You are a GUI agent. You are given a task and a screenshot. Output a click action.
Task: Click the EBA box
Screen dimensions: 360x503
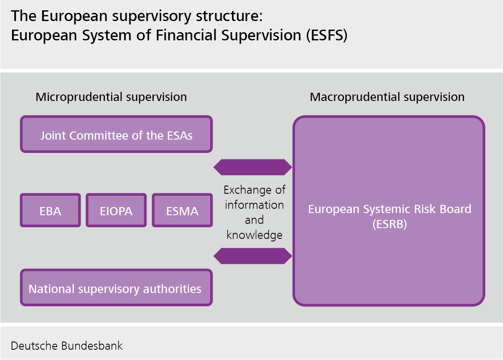point(50,210)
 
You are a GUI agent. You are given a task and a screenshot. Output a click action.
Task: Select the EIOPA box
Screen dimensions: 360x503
point(116,210)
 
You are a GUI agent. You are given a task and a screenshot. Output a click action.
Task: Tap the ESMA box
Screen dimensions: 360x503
point(182,210)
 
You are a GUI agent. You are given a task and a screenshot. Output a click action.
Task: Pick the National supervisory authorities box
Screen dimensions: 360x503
point(116,287)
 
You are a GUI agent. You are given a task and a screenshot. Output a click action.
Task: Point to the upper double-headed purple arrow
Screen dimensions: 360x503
point(253,167)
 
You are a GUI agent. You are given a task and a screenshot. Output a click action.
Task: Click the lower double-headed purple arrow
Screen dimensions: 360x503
point(253,256)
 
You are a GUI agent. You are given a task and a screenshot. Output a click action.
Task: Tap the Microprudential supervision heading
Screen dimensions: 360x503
point(111,97)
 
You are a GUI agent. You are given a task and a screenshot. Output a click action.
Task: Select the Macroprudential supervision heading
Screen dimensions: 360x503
point(387,97)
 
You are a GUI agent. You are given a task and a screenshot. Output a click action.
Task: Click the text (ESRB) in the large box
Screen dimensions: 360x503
point(389,224)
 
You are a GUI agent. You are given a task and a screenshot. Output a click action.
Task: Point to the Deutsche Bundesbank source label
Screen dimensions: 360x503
point(67,346)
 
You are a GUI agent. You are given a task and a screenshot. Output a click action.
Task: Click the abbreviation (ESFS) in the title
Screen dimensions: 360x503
point(326,35)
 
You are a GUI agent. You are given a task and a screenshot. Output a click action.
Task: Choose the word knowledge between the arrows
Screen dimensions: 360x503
point(254,235)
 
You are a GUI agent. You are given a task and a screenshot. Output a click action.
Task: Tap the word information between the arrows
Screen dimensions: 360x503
point(254,205)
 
